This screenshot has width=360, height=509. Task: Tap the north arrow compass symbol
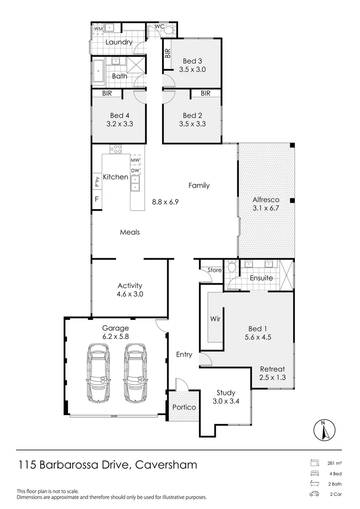(323, 429)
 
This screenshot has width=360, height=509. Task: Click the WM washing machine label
(98, 29)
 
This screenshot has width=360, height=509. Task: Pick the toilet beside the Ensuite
(231, 268)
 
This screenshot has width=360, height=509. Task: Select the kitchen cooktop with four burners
(116, 149)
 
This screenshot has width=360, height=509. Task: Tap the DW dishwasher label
(135, 171)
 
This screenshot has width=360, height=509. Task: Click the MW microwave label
(135, 160)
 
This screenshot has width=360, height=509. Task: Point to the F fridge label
(97, 199)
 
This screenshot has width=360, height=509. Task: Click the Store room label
(214, 270)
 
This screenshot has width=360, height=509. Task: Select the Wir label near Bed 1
(215, 319)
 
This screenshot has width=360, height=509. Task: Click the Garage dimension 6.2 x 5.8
(115, 337)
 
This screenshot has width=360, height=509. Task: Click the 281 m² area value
(334, 463)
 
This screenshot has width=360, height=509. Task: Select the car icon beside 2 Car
(314, 494)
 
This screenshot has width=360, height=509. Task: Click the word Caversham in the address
(166, 465)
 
